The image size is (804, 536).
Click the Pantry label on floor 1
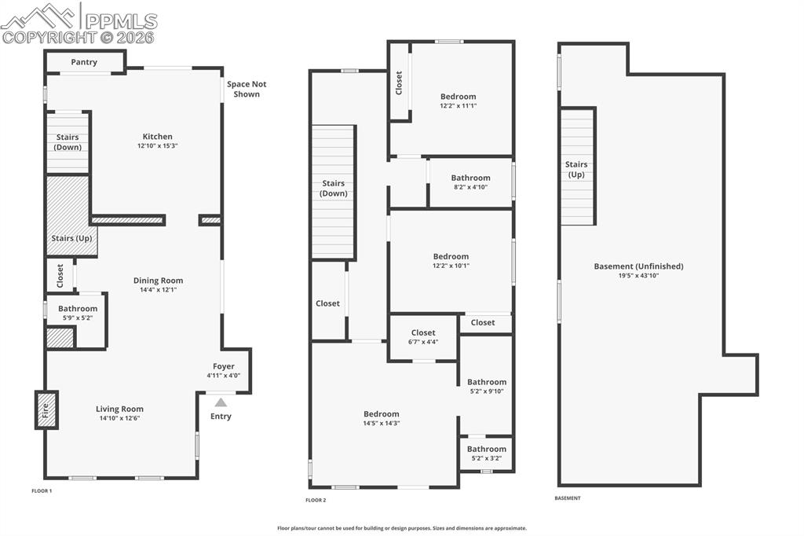click(84, 62)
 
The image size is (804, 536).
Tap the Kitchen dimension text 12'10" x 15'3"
click(158, 145)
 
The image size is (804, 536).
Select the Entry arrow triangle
click(221, 402)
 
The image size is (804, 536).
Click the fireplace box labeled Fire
click(46, 409)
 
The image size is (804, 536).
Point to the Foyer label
click(223, 366)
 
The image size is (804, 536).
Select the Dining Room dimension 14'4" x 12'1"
click(158, 290)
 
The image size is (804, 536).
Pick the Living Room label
click(119, 409)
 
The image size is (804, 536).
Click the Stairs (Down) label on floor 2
click(334, 188)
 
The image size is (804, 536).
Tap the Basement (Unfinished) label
click(638, 266)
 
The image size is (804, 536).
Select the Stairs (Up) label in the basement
click(576, 169)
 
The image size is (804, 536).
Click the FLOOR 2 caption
click(316, 500)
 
